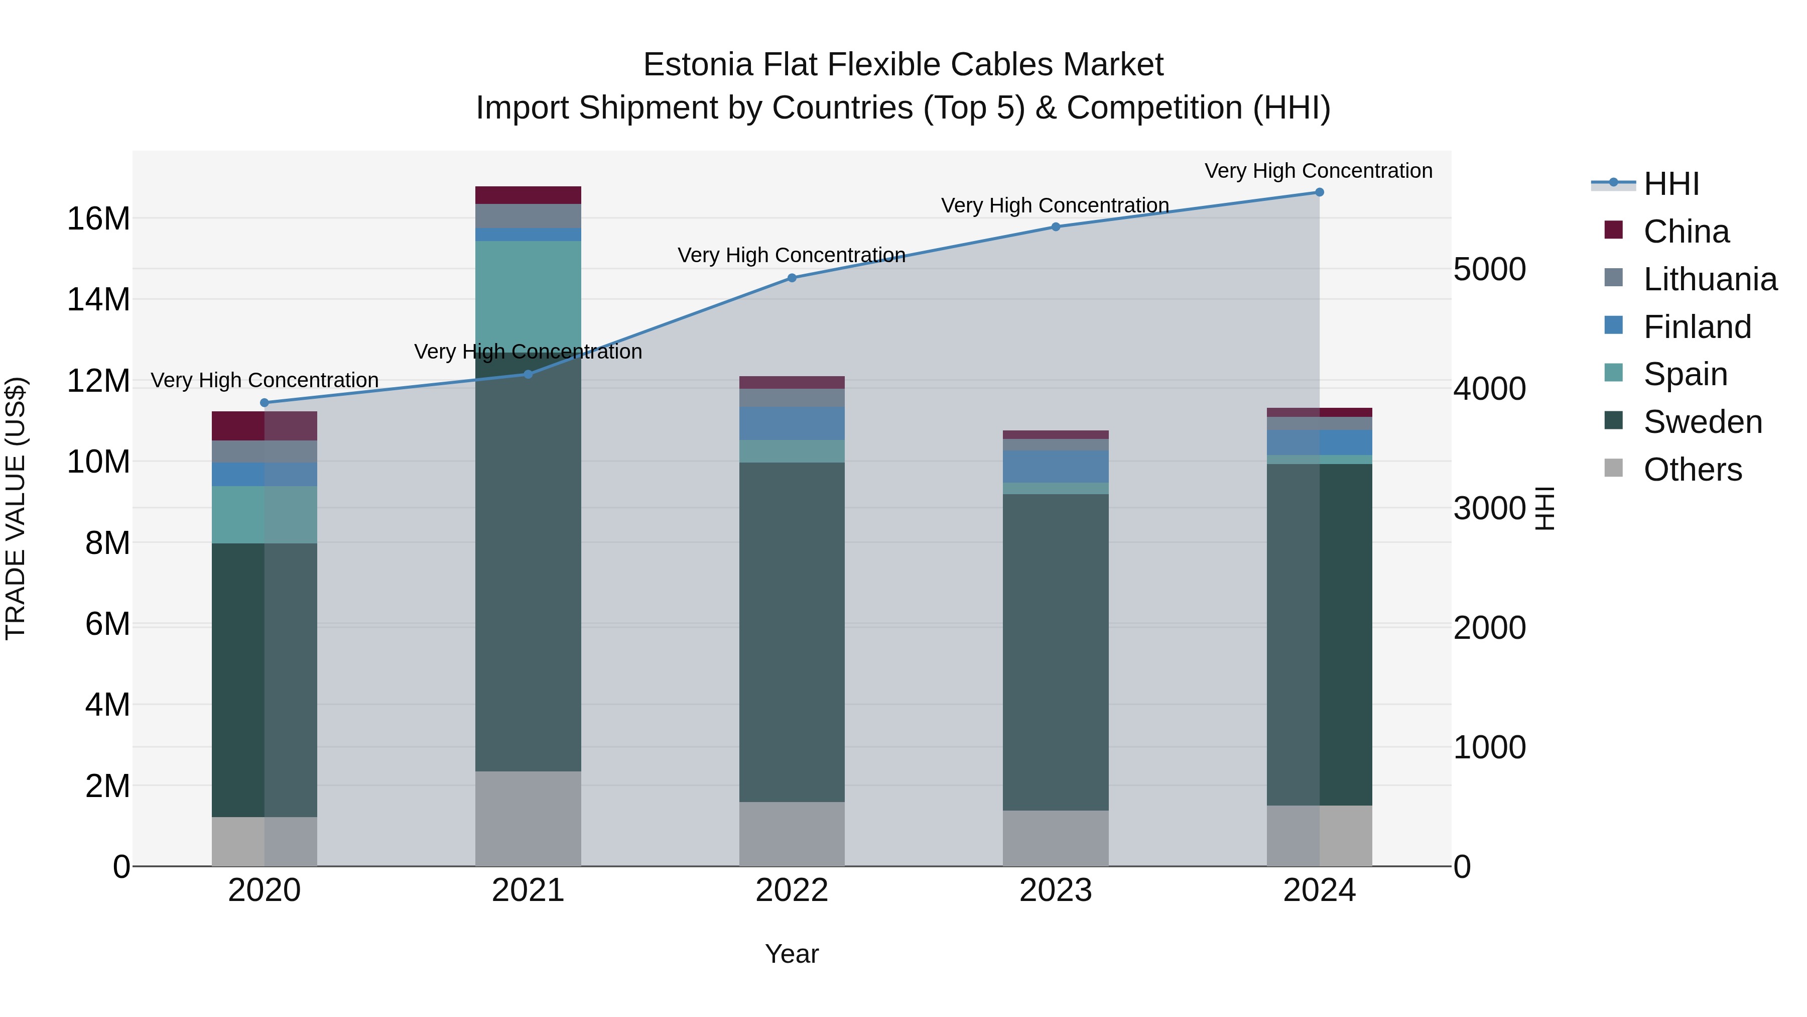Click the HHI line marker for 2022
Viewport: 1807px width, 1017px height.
point(792,278)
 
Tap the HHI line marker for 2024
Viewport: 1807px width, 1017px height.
point(1320,192)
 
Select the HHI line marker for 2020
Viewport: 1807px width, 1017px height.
point(265,403)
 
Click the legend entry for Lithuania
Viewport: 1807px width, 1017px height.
point(1710,279)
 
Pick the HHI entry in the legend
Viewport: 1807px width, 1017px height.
point(1671,184)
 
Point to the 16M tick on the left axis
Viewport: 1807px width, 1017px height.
point(98,219)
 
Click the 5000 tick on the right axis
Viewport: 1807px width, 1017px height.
point(1489,270)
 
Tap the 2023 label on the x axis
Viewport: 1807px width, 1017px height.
point(1055,890)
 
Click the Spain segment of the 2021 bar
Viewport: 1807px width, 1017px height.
point(528,295)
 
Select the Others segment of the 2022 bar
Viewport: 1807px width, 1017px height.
point(792,834)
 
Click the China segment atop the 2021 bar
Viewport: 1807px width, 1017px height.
point(528,195)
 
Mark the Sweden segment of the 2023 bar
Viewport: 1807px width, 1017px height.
point(1056,653)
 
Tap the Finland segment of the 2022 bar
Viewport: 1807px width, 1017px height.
point(792,423)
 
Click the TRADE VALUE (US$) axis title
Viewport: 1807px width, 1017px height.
point(16,508)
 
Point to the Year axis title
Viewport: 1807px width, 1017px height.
point(792,954)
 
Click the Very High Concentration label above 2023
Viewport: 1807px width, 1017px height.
point(1055,205)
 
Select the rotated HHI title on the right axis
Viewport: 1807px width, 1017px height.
point(1544,508)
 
